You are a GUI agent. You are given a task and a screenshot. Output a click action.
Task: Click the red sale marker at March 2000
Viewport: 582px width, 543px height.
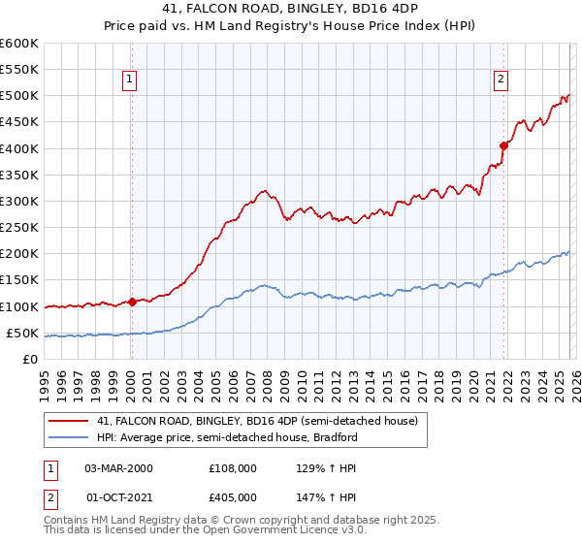click(132, 302)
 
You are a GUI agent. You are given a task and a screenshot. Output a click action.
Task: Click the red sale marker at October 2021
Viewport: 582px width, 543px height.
click(503, 145)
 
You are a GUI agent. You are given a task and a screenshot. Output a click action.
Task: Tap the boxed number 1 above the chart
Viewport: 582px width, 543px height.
click(130, 80)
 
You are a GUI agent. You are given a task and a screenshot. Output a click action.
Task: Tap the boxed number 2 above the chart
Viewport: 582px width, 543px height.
click(501, 80)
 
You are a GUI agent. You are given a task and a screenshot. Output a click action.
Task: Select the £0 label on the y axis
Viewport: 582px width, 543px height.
click(31, 359)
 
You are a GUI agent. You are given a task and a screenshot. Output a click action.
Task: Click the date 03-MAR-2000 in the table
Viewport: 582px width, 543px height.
click(119, 467)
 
